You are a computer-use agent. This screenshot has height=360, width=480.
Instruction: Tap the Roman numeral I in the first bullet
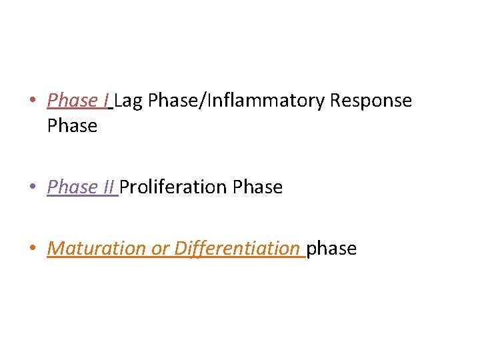(x=107, y=101)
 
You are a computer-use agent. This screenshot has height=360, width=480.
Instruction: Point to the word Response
(x=371, y=101)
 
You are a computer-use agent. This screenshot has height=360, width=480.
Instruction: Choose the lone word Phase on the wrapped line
(x=72, y=125)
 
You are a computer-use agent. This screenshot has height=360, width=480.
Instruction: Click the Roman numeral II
(x=109, y=187)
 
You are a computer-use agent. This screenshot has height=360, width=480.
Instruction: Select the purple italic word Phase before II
(x=72, y=187)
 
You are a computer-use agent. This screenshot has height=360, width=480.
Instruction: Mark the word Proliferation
(x=173, y=187)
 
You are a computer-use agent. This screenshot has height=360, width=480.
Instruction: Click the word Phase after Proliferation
(x=257, y=187)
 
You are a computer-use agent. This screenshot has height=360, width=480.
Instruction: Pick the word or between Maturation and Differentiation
(x=160, y=249)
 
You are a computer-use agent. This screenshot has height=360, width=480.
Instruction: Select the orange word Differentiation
(x=237, y=249)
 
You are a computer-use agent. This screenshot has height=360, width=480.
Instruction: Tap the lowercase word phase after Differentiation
(x=331, y=249)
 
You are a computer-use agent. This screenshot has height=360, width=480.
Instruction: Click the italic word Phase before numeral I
(x=72, y=101)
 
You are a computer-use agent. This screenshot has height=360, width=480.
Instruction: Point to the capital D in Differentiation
(x=180, y=248)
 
